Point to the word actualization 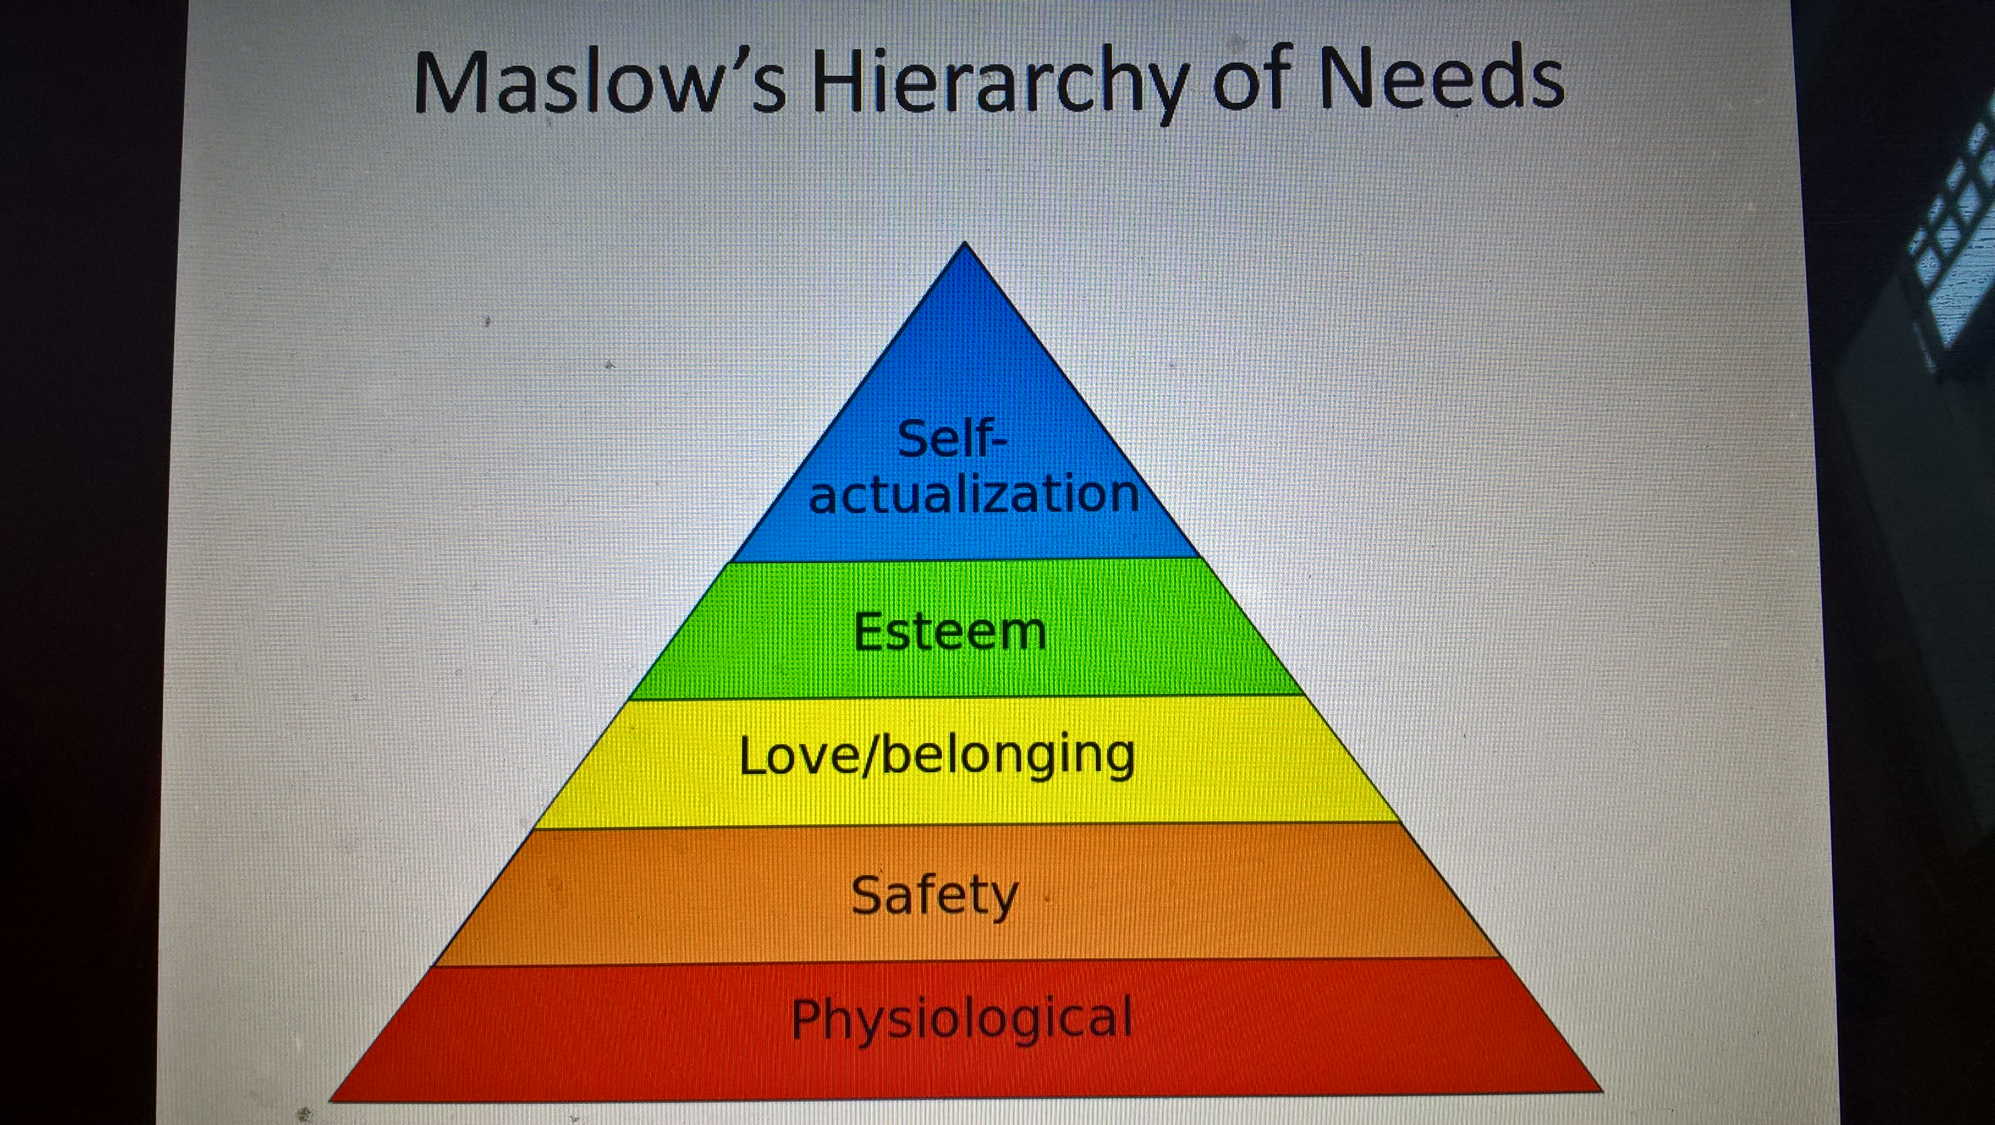(974, 493)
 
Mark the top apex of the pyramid (964, 243)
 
